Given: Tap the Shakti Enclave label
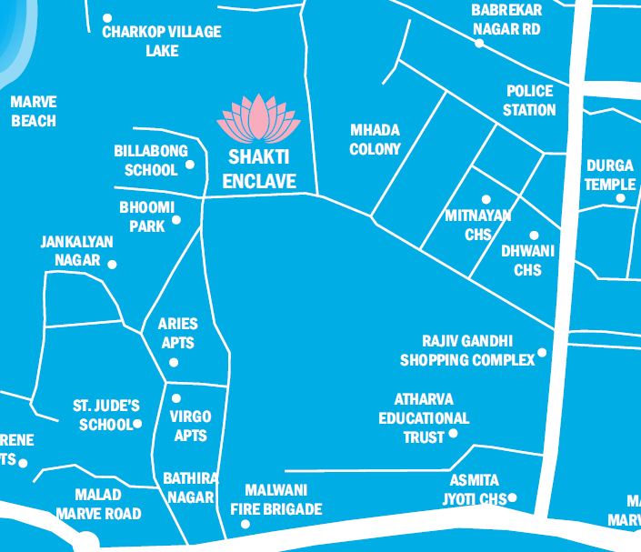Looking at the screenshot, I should pos(259,170).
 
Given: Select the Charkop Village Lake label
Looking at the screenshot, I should pos(161,41).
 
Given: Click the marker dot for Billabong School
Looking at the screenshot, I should pos(190,165).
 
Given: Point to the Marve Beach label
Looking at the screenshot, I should pos(34,111).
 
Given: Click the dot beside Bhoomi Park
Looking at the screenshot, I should pos(176,220).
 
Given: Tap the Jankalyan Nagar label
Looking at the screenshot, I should pos(76,251).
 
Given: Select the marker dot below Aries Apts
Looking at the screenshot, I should pos(175,363).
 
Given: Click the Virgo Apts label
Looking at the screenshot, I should pos(190,426).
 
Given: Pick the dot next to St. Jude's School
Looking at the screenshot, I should pos(138,424).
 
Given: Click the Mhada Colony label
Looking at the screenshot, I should pos(375,140).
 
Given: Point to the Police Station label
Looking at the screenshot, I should pos(529,100).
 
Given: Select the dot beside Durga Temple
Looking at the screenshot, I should pos(621,198).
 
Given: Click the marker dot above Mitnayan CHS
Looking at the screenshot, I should pos(486,199).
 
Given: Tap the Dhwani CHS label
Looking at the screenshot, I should pos(527,260).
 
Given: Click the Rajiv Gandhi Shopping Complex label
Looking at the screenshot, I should pos(467,350).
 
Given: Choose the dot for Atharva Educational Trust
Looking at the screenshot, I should pos(454,433).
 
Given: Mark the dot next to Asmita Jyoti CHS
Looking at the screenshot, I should pos(513,497).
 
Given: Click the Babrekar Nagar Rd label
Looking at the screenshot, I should pos(506,19).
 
